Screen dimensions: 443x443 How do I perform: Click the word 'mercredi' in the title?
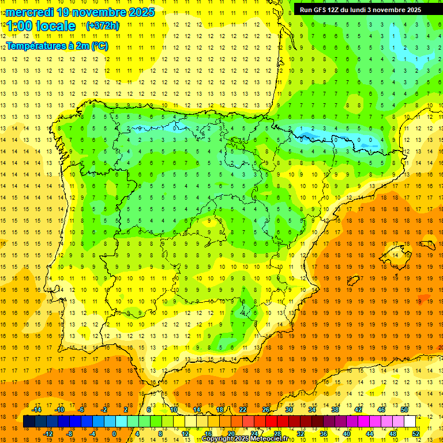coord(29,12)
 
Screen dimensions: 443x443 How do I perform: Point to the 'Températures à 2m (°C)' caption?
coord(57,46)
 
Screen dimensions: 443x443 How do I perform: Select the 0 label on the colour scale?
coord(114,434)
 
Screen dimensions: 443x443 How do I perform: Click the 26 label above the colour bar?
coord(266,409)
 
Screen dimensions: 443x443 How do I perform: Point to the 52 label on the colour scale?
coord(416,434)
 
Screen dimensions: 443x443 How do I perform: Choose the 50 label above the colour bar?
coord(404,409)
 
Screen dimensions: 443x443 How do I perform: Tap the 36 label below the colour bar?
coord(324,434)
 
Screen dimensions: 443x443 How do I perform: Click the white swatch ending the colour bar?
coord(410,422)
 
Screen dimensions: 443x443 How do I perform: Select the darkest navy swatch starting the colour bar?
coord(29,422)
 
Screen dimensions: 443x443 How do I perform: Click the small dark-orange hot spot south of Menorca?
coord(424,298)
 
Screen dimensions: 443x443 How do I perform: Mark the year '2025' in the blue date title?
coord(140,12)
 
